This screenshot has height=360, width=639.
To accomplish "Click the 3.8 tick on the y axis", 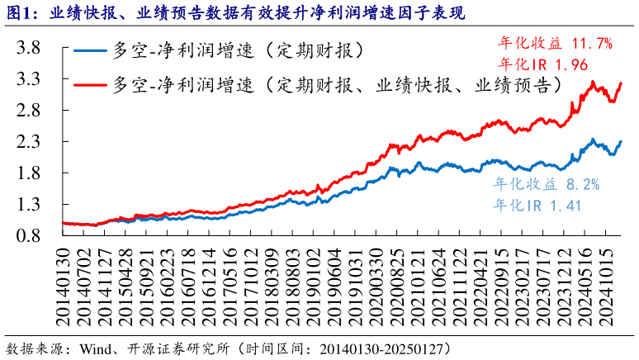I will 29,48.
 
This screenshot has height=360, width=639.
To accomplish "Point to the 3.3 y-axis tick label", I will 29,79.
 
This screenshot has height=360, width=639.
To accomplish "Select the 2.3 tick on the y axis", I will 29,142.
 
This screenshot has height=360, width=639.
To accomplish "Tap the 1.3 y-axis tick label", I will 29,204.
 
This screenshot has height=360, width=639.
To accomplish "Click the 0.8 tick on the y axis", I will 29,235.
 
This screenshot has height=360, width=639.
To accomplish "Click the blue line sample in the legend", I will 88,51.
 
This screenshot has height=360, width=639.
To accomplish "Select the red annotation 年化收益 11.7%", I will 556,44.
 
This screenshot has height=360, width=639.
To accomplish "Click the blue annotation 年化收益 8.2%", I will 546,184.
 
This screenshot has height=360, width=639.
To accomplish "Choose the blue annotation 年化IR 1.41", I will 537,204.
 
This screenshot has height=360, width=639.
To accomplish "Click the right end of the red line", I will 621,83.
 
